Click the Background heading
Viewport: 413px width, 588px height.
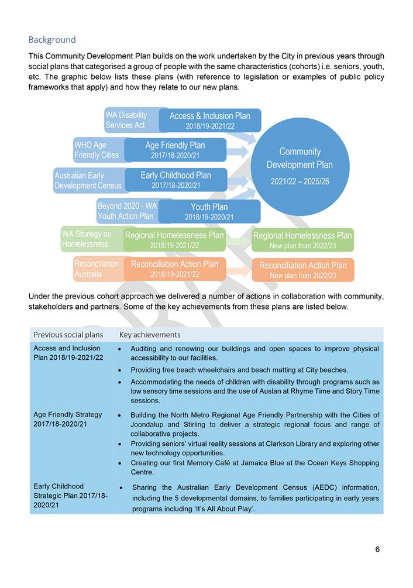tap(52, 40)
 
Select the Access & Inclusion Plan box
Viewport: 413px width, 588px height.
tap(209, 120)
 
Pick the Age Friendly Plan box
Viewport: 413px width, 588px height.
tap(175, 150)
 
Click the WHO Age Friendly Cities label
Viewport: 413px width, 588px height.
tap(97, 150)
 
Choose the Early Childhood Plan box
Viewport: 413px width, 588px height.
tap(175, 180)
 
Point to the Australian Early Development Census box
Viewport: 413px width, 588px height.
tap(88, 180)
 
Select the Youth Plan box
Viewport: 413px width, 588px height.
tap(209, 211)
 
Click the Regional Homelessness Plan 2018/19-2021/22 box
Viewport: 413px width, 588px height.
tap(174, 240)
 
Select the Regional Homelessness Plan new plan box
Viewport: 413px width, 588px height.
tap(302, 240)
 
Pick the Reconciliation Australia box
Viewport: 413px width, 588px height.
tap(97, 269)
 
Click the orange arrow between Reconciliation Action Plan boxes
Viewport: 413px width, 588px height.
tap(238, 270)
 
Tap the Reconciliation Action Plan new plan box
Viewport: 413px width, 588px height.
tap(302, 270)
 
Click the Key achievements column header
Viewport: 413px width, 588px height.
tap(150, 335)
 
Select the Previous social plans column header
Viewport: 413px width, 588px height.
tap(68, 335)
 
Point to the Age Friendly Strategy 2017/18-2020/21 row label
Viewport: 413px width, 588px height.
tap(68, 419)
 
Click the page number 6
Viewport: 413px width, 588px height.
tap(377, 549)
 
